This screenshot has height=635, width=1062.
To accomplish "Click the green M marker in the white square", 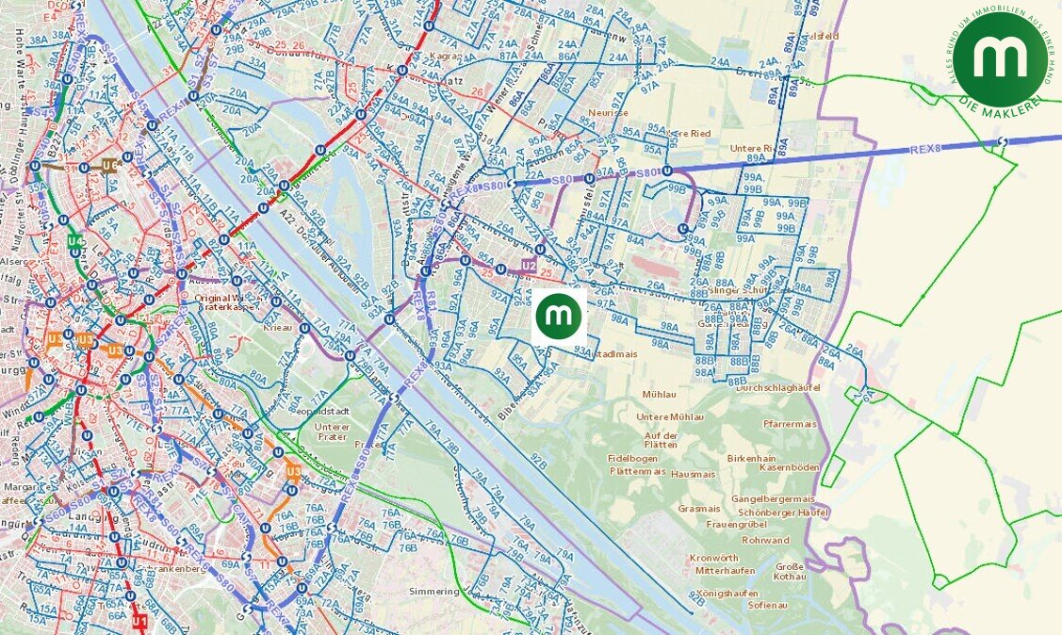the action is coord(559,316).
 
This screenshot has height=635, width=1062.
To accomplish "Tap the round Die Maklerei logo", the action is coord(998,59).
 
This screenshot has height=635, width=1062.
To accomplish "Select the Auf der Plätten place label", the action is coord(662,440).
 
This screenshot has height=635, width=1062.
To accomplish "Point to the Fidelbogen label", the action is coord(632,457).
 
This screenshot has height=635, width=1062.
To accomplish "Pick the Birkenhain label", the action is coord(751,457).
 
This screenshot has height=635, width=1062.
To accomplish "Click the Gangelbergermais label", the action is coord(773,498).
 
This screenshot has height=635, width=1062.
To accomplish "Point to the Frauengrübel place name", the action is coord(735,524).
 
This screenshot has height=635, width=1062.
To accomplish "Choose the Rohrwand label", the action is coord(765,541).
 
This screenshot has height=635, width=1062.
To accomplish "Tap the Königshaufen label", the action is coord(727,593).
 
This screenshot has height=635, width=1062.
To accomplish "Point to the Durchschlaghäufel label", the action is coord(779,387).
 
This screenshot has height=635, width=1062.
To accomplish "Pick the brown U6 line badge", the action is coord(110,166).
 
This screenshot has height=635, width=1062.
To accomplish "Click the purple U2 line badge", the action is coord(529,267).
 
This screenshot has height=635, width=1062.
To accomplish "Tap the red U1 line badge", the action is coord(139,622).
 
